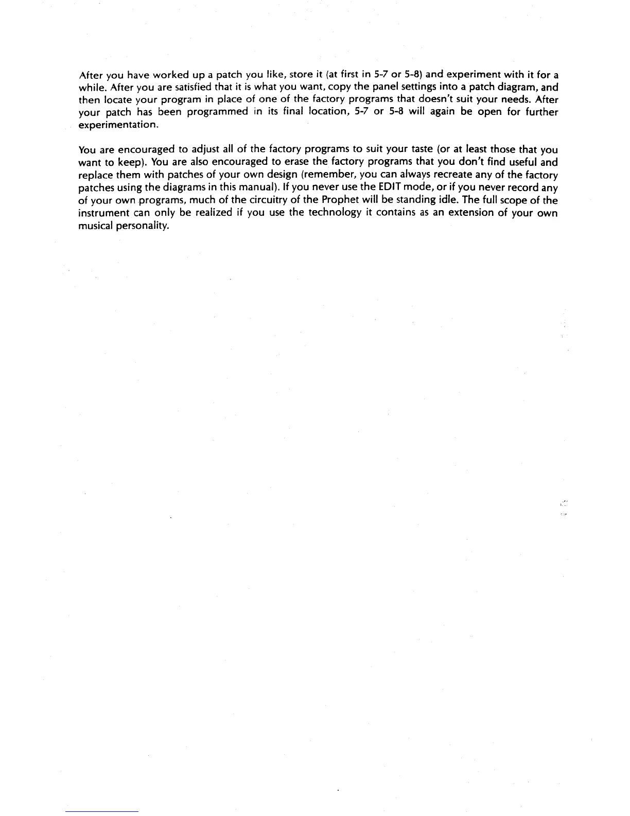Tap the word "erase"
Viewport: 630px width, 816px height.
pos(293,162)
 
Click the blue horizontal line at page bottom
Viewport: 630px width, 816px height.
pos(102,811)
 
